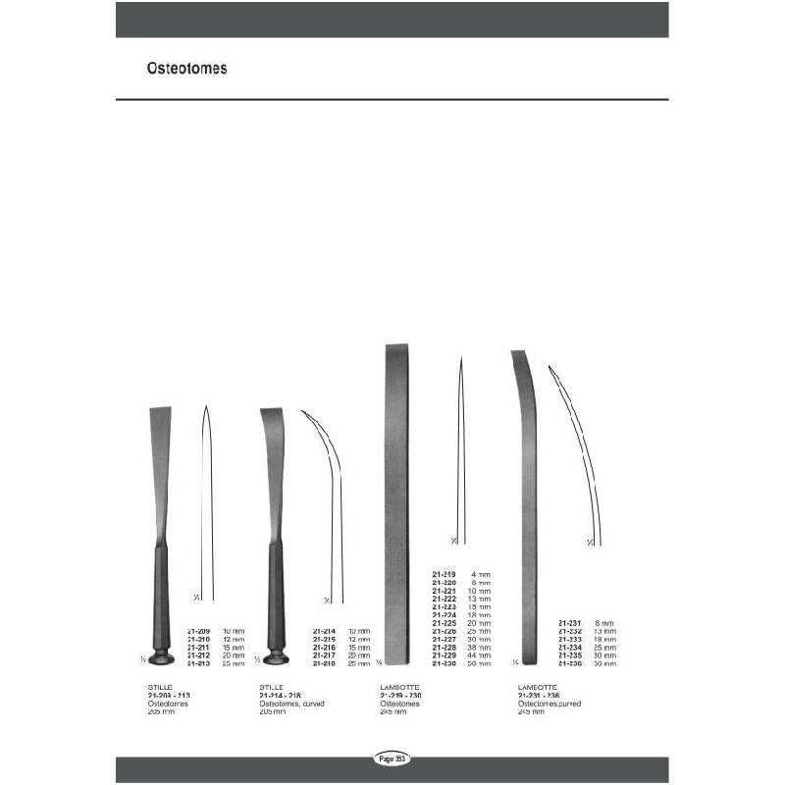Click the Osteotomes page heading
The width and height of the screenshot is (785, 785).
click(x=186, y=70)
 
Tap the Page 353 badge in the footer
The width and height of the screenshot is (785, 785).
click(x=392, y=759)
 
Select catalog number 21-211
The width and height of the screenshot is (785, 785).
click(x=199, y=648)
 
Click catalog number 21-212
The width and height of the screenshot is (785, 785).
click(x=199, y=656)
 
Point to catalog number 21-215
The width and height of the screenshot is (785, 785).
click(x=326, y=640)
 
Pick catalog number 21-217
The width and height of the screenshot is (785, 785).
click(x=326, y=656)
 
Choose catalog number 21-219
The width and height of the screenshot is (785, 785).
click(x=445, y=575)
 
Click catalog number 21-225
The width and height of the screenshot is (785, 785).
click(x=445, y=623)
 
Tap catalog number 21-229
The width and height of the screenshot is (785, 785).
click(x=445, y=655)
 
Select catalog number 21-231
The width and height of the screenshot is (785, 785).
click(x=570, y=623)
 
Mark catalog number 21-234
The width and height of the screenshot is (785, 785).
click(x=570, y=648)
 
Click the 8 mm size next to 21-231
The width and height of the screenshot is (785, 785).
click(x=603, y=623)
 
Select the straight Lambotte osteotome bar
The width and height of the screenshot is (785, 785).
click(x=396, y=500)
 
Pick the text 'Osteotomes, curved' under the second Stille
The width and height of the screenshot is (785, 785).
click(x=291, y=704)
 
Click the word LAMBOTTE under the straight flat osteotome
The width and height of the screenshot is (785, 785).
click(x=397, y=687)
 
